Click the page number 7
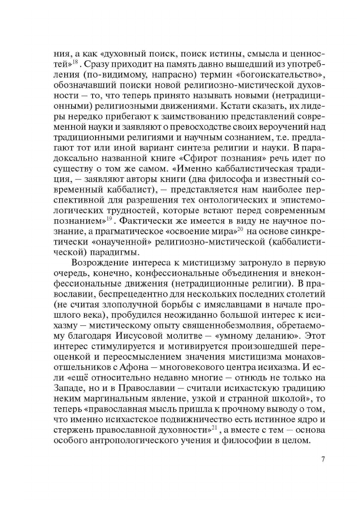pyautogui.click(x=323, y=459)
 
